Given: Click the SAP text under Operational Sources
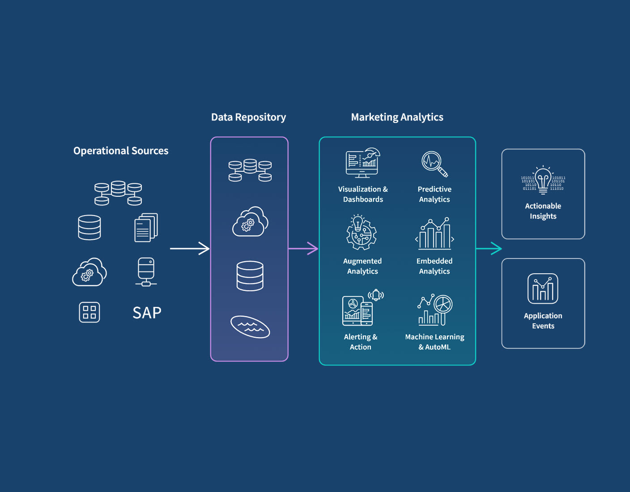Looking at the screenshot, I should [x=147, y=313].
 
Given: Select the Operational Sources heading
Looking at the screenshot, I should [x=121, y=151].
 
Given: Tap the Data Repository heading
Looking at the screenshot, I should [x=248, y=117].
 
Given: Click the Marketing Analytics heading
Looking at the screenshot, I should [x=397, y=117].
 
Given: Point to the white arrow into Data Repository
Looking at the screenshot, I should [x=190, y=248].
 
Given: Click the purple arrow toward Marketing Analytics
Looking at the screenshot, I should [x=303, y=248].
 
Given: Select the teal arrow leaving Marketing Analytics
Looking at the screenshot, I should [x=489, y=248].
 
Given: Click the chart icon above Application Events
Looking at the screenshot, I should [x=543, y=288].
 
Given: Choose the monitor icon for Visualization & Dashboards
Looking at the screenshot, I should [x=362, y=163].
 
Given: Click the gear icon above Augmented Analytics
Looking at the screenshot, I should [x=361, y=233].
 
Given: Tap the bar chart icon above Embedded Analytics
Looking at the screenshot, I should [x=434, y=233].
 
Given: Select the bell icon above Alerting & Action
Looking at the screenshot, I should [x=376, y=295].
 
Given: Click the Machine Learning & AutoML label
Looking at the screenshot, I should [x=434, y=342].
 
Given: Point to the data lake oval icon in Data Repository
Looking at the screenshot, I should [x=250, y=327].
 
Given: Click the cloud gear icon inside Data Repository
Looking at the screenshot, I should [x=250, y=222].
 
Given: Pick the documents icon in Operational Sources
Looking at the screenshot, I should [x=146, y=228].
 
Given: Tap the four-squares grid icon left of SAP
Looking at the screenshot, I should [x=89, y=312].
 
